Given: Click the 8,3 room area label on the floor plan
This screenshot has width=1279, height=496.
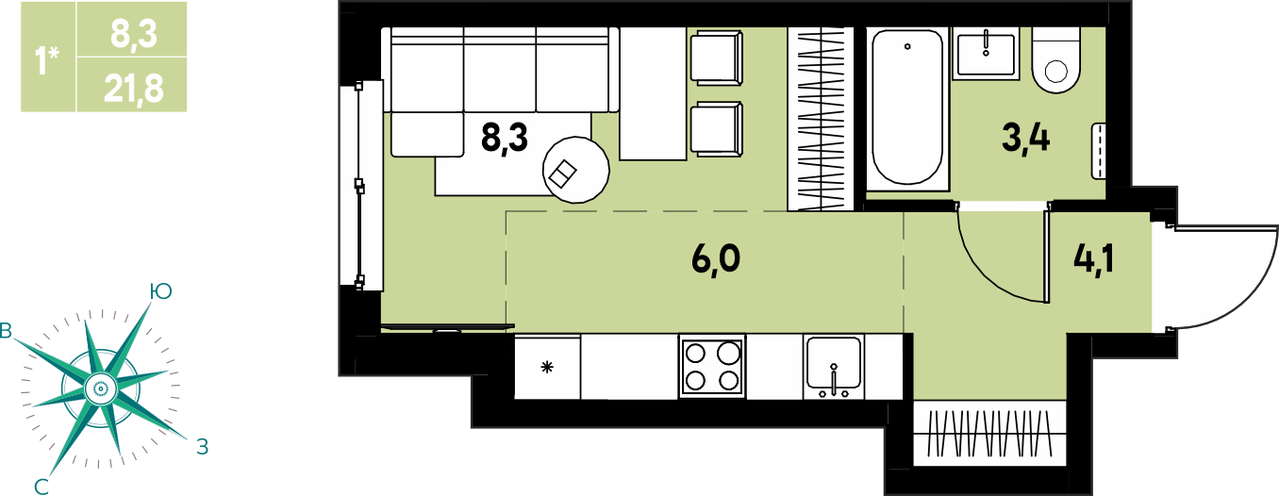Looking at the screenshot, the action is point(505,138).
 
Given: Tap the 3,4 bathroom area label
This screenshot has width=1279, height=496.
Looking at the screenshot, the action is point(1026,139).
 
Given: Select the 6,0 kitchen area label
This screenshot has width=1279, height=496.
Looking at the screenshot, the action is point(716,259).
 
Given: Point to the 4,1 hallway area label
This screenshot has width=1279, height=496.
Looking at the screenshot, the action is point(1093,259).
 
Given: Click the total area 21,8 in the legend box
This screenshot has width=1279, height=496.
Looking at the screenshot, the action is point(134,89).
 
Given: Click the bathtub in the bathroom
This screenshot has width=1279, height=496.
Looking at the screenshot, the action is point(907,108).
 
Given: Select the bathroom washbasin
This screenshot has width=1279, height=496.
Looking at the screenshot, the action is point(986,54).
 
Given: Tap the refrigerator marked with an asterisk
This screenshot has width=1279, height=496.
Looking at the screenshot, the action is point(548,367).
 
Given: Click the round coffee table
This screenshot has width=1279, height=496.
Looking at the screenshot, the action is point(575,170).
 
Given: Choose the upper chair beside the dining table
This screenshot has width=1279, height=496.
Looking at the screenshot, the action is point(717,58).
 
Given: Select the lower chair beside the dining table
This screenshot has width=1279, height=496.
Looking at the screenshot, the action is point(717,129).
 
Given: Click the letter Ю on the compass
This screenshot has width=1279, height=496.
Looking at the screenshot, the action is point(160,291).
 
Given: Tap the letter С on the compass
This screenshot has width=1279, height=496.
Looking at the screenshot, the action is point(42,487).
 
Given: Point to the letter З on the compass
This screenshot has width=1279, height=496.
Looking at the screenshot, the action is point(202,446).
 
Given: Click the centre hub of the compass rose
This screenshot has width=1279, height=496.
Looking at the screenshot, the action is point(100,389).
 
